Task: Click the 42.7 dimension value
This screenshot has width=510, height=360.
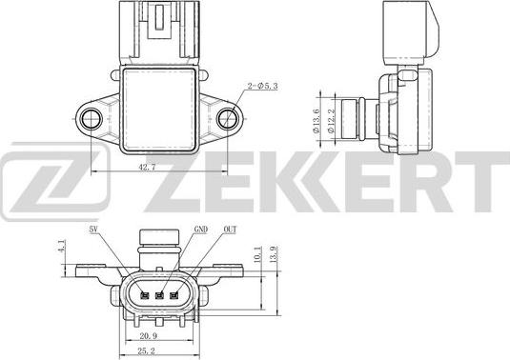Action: [x=148, y=168]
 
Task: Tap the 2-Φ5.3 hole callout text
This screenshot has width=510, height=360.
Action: [x=263, y=86]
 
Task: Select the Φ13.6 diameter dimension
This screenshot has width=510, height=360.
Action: [x=316, y=121]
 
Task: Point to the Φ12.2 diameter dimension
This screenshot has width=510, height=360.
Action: [x=331, y=121]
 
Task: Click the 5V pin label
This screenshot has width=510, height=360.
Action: [x=93, y=230]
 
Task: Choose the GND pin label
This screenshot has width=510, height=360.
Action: [x=201, y=230]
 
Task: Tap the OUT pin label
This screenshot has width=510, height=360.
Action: [x=230, y=230]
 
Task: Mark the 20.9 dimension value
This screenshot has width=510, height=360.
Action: [x=149, y=336]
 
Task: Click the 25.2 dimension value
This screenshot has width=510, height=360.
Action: [x=147, y=350]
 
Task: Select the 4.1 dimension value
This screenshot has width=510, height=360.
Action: [x=61, y=246]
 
